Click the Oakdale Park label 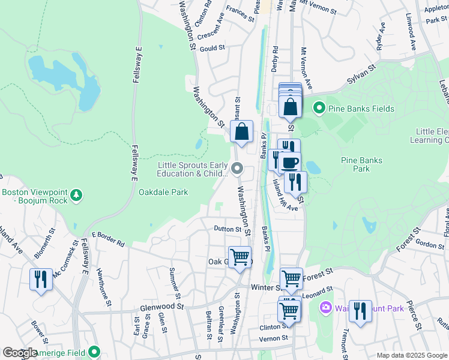(x=163, y=193)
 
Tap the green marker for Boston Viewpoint (x=76, y=194)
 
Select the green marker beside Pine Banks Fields (x=319, y=109)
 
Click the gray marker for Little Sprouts (x=238, y=169)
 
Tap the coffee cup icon (x=290, y=163)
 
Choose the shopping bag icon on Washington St (x=241, y=133)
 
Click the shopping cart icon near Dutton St (x=240, y=257)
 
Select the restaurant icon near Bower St (x=41, y=280)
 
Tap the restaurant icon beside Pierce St (x=360, y=311)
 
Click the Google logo (x=20, y=353)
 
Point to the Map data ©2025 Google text (x=412, y=355)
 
